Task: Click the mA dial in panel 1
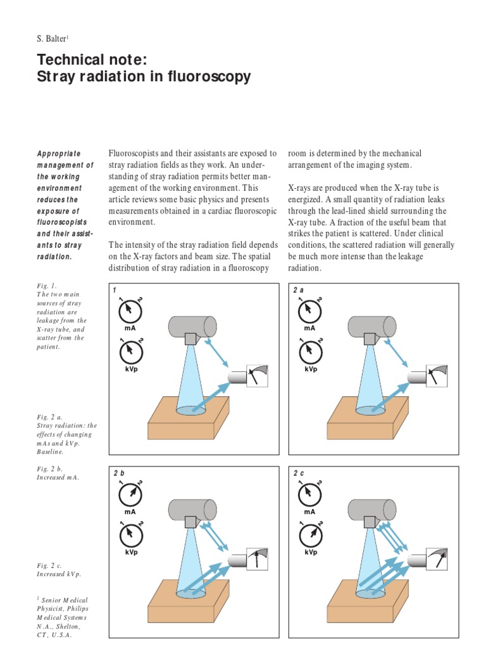(130, 310)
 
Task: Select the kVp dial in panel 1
(130, 350)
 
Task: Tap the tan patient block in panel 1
(187, 419)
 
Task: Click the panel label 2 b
(119, 473)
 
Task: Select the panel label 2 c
(299, 473)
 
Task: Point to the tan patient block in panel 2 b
(187, 603)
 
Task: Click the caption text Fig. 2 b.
(50, 469)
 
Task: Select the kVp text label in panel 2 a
(310, 369)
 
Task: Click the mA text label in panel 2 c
(309, 511)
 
